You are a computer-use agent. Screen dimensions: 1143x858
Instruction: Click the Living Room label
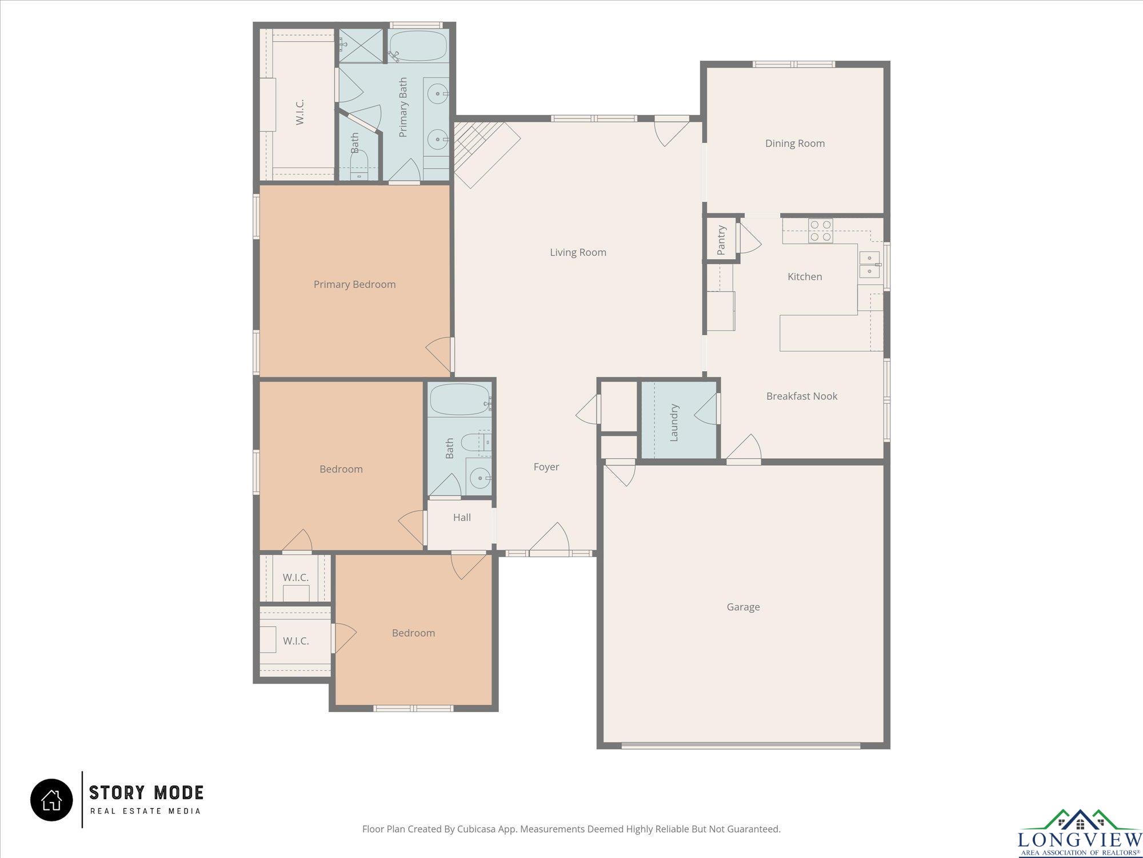pyautogui.click(x=578, y=252)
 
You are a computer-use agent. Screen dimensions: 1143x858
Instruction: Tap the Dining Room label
pyautogui.click(x=795, y=144)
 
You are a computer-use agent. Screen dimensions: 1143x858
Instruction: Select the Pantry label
pyautogui.click(x=721, y=240)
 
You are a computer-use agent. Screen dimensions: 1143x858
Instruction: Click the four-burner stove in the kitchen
pyautogui.click(x=820, y=231)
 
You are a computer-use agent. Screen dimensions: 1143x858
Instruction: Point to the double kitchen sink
pyautogui.click(x=869, y=264)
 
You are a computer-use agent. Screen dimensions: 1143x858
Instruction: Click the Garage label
pyautogui.click(x=743, y=607)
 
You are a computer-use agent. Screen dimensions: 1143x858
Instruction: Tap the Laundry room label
pyautogui.click(x=674, y=423)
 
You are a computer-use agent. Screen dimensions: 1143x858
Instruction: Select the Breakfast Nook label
pyautogui.click(x=802, y=396)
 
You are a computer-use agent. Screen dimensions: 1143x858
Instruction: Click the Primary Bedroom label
pyautogui.click(x=354, y=284)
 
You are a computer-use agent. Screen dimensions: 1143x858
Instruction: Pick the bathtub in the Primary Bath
pyautogui.click(x=418, y=46)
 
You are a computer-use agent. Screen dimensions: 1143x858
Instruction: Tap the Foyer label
pyautogui.click(x=546, y=467)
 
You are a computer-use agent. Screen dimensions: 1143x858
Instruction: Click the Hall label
pyautogui.click(x=462, y=518)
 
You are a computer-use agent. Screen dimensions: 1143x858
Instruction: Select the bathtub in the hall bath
pyautogui.click(x=460, y=399)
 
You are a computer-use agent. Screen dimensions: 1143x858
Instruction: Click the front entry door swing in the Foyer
pyautogui.click(x=549, y=539)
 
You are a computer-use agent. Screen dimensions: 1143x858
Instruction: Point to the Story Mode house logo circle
pyautogui.click(x=51, y=800)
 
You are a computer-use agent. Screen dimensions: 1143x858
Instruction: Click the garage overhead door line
pyautogui.click(x=741, y=745)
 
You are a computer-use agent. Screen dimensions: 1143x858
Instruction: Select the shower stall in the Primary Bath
pyautogui.click(x=361, y=46)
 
